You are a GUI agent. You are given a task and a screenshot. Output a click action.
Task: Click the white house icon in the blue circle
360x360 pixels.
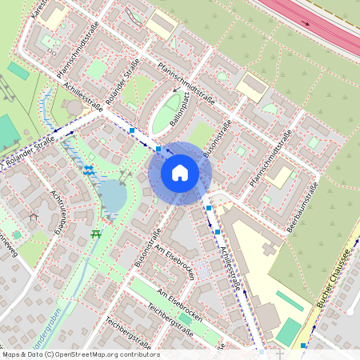tap(180, 172)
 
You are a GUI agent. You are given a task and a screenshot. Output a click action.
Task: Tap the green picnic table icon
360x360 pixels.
tap(96, 233)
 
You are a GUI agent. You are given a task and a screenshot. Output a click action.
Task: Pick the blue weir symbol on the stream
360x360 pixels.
tap(89, 170)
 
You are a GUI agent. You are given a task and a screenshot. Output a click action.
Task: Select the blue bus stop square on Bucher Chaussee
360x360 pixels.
tap(303, 346)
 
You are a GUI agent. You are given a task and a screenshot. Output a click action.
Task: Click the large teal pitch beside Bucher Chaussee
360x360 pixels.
tap(287, 331)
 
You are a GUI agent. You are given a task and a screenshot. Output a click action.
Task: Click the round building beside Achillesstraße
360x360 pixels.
tap(74, 106)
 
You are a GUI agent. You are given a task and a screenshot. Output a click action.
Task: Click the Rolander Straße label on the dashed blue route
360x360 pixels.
tap(29, 151)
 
